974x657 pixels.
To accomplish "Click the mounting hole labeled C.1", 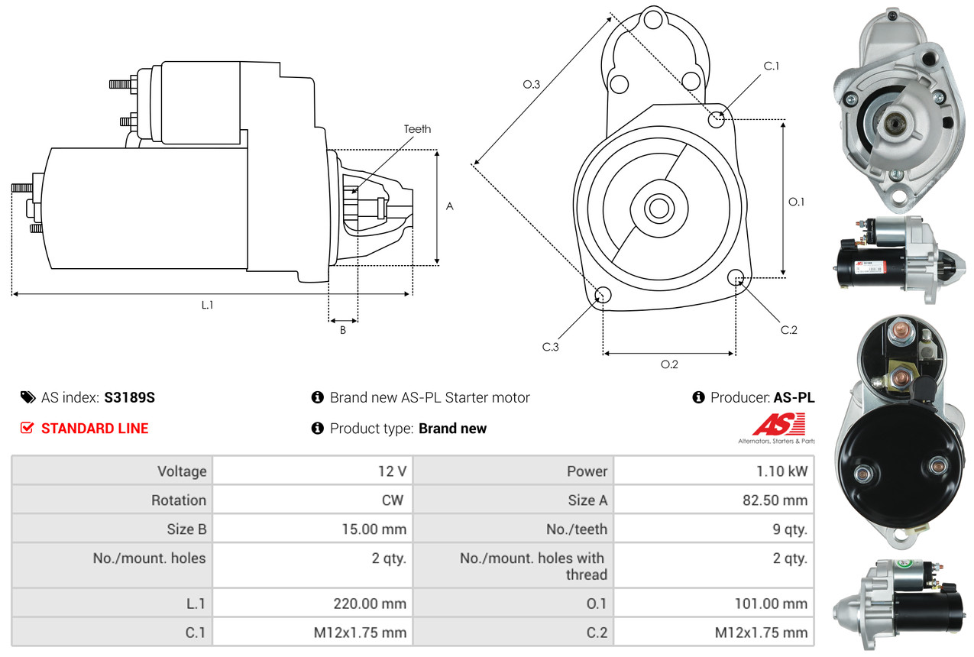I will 717,119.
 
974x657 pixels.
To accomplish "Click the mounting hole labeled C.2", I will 736,277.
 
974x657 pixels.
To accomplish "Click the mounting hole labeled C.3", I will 603,296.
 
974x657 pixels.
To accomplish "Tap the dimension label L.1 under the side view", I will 207,305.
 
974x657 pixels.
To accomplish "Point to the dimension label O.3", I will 532,85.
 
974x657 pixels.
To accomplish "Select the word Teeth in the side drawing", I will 417,129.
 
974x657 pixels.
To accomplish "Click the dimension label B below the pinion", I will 343,330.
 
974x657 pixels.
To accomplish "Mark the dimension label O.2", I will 669,364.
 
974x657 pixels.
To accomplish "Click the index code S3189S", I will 130,397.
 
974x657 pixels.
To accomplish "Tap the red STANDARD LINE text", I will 95,429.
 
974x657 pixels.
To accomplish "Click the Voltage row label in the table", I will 182,471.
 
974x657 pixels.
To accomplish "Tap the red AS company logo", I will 778,425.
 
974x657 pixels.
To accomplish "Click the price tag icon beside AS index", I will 28,397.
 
